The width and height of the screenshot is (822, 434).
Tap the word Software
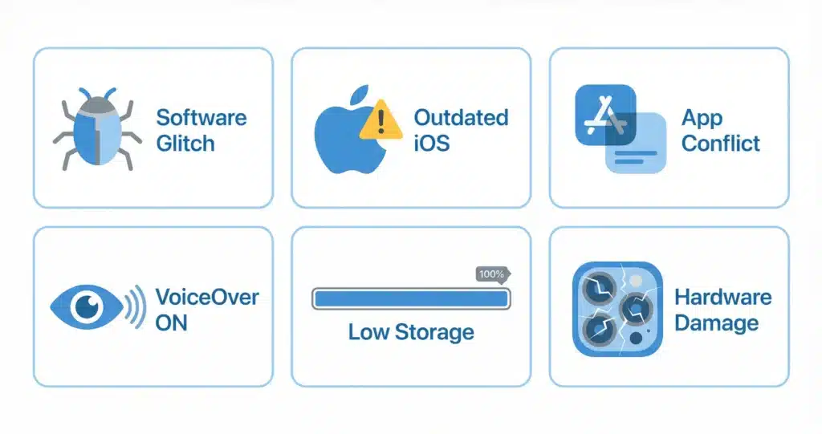click(x=201, y=117)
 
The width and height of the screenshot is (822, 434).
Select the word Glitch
click(x=185, y=144)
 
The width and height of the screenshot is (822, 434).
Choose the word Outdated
click(x=461, y=117)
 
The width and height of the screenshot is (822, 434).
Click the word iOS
click(x=431, y=144)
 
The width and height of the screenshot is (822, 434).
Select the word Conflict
click(x=721, y=144)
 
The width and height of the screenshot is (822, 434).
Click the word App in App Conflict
click(x=702, y=118)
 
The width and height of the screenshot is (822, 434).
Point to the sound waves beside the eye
click(x=136, y=305)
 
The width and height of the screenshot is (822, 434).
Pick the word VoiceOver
click(x=207, y=297)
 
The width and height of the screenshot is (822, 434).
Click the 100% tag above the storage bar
click(x=492, y=274)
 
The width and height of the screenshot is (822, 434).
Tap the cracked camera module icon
click(x=617, y=310)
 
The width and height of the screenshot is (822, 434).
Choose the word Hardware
click(x=722, y=297)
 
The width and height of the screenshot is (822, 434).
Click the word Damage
click(x=716, y=323)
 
